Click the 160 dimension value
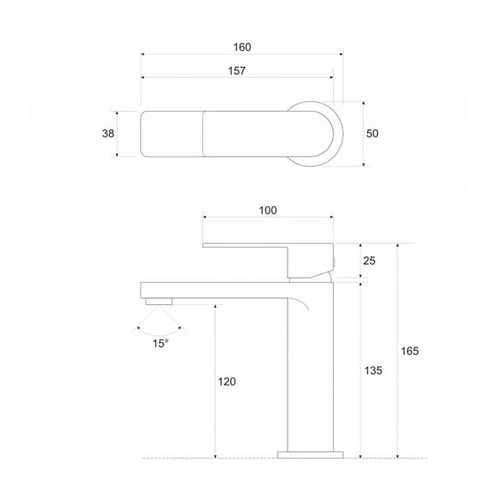(242, 47)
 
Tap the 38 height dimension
(108, 133)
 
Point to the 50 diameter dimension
(372, 134)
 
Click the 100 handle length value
(267, 210)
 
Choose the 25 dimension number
(370, 260)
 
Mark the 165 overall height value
(409, 351)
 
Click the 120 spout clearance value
(227, 381)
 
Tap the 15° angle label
(160, 343)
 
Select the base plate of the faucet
(311, 454)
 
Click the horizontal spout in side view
(214, 289)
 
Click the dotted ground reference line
(205, 458)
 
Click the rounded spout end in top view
(152, 133)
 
